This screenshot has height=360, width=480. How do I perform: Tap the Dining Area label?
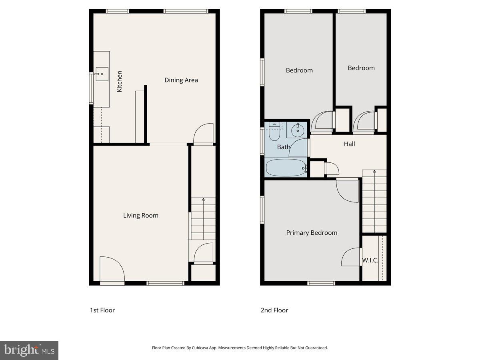181,80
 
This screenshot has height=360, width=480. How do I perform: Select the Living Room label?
140,216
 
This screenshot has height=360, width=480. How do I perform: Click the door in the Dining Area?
203,134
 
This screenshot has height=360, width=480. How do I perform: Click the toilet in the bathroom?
274,133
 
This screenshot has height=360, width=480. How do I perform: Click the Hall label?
349,144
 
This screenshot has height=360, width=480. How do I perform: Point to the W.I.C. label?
370,260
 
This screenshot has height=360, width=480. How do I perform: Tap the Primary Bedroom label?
312,233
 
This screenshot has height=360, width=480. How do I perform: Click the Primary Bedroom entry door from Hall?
347,190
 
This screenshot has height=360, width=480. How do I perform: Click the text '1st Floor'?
102,310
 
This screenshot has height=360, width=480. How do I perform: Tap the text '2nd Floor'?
274,310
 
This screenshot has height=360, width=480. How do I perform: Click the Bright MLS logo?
29,350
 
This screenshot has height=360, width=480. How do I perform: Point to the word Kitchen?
119,81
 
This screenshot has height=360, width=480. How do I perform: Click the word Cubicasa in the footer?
202,348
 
